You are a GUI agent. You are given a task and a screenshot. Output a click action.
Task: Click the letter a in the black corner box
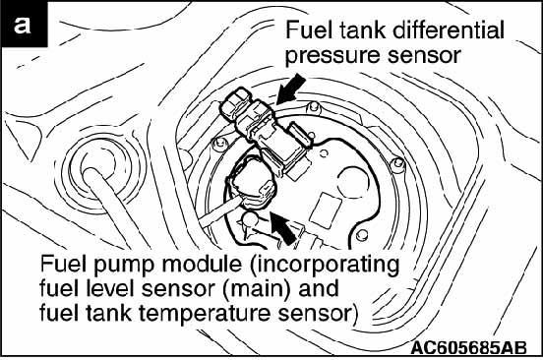tap(23, 26)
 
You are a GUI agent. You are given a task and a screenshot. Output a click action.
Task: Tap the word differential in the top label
tap(449, 30)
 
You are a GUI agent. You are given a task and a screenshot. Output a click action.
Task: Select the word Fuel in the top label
tap(309, 30)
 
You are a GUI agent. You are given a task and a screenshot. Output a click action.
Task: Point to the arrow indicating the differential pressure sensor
tap(291, 90)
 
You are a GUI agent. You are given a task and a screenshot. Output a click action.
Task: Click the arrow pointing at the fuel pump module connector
tap(282, 228)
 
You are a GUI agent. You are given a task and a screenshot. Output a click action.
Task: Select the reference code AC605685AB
tap(468, 347)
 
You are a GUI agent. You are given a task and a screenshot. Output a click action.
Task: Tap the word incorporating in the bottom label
tap(324, 266)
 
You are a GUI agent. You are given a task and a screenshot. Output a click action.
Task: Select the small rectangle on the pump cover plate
tap(326, 210)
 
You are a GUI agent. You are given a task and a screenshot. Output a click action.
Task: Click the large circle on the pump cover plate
tap(353, 182)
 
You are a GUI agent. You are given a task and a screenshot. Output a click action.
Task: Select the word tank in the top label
tap(362, 30)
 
